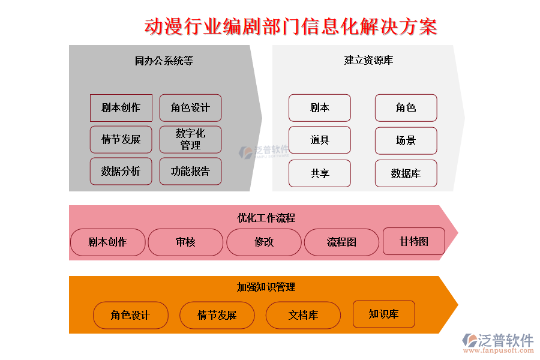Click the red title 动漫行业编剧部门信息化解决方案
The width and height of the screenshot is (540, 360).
click(x=292, y=27)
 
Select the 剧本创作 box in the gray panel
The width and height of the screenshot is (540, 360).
click(x=121, y=108)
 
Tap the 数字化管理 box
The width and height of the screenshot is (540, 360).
click(x=190, y=139)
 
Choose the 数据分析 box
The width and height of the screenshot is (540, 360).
click(x=121, y=172)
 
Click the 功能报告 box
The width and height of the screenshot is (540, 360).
click(x=190, y=172)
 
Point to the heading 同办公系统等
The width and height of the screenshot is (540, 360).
click(x=164, y=61)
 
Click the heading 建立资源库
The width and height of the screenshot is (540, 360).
click(x=368, y=61)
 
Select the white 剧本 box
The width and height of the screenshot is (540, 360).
click(x=320, y=108)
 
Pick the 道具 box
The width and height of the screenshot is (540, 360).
click(x=320, y=140)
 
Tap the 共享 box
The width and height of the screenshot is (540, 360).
click(x=320, y=173)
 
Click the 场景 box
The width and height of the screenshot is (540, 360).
click(x=406, y=140)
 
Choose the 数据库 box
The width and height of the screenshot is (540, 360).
click(x=406, y=173)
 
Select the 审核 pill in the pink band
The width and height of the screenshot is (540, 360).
click(x=185, y=242)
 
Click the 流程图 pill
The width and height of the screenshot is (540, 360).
click(x=341, y=242)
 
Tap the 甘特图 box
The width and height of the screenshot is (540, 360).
click(x=414, y=241)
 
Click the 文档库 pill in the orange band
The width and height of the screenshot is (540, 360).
click(x=303, y=316)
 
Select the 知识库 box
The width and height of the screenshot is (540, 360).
click(x=383, y=314)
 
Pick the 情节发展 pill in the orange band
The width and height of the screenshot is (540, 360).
click(x=217, y=316)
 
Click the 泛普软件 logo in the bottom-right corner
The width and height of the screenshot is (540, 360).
click(x=497, y=343)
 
